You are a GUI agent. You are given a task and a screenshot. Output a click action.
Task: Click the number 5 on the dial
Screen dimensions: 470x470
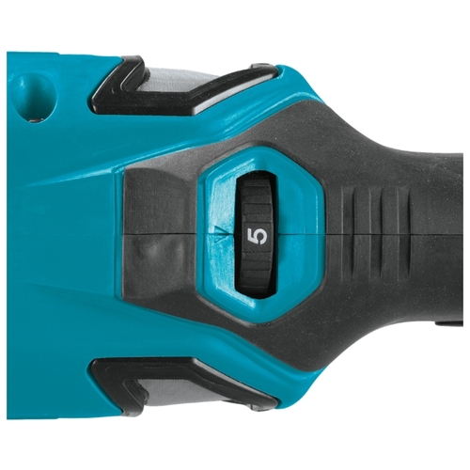pyautogui.click(x=258, y=235)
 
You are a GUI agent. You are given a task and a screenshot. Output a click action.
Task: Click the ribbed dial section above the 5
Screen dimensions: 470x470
pyautogui.click(x=258, y=199)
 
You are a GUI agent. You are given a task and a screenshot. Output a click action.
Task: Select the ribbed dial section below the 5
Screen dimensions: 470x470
pyautogui.click(x=258, y=269)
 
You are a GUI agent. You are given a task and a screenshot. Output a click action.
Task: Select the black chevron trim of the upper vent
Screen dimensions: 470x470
pyautogui.click(x=132, y=85)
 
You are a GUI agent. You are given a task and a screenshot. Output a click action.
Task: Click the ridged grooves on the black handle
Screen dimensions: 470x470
pyautogui.click(x=376, y=234)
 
